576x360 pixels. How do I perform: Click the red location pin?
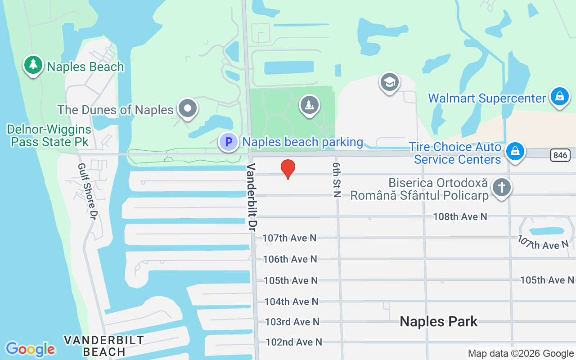[288, 169]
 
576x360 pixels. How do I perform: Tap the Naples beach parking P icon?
[229, 142]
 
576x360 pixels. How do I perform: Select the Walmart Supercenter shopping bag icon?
[560, 97]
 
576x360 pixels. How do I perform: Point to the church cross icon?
[501, 187]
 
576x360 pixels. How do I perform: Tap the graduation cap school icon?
[390, 82]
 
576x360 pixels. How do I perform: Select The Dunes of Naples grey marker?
[187, 108]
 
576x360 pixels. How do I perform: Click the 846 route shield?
[560, 155]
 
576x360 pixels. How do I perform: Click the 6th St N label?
[337, 180]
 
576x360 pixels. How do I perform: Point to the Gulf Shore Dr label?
[87, 191]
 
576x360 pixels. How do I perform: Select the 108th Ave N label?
[460, 217]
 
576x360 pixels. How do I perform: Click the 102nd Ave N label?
[294, 342]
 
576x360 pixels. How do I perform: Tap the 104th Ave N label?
[291, 301]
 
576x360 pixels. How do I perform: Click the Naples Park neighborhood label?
[438, 321]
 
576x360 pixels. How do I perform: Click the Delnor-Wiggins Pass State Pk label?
[49, 135]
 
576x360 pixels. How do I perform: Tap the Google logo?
[31, 349]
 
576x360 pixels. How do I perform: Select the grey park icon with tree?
[309, 105]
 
